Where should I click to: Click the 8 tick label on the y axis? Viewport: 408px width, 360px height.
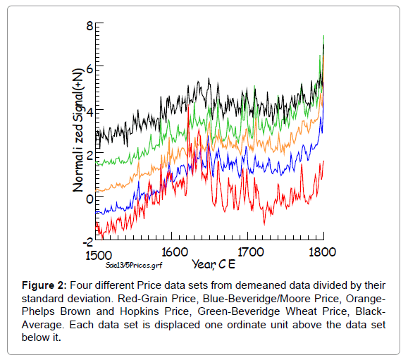point(89,26)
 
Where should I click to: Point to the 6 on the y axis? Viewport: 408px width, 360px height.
point(89,69)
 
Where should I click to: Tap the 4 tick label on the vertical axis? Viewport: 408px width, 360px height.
point(89,113)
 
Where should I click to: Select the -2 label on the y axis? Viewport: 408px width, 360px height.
point(88,242)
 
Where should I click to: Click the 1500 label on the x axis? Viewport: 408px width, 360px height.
point(99,256)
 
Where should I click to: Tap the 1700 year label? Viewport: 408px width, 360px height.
point(251,252)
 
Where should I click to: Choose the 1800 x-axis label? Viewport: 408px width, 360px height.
point(322,252)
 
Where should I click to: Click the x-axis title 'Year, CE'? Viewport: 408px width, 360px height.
point(214,264)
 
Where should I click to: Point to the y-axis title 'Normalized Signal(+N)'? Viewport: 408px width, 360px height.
point(78,130)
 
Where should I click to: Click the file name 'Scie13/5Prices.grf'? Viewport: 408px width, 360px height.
point(134,266)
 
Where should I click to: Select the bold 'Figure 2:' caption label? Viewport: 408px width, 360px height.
point(44,285)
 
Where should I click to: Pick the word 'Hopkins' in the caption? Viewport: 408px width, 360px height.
point(140,311)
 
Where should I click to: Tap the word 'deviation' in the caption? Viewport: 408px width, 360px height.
point(90,299)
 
